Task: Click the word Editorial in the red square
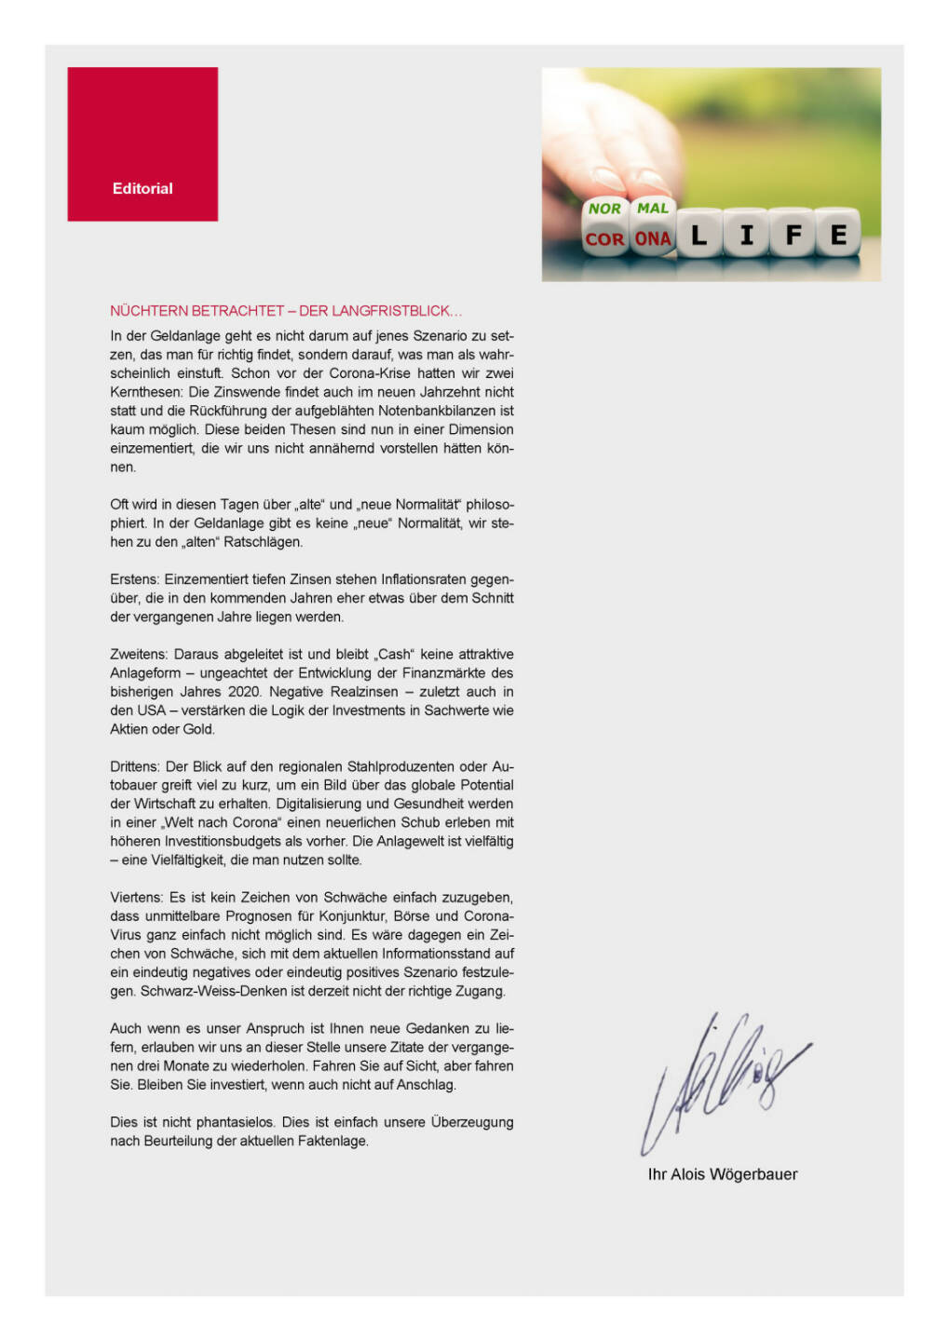[x=142, y=188]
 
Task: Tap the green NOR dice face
[x=604, y=209]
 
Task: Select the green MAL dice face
[x=653, y=208]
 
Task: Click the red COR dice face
[x=604, y=239]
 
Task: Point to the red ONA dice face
[x=653, y=239]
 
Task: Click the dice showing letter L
[x=698, y=236]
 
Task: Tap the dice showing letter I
[x=746, y=235]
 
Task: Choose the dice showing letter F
[x=793, y=235]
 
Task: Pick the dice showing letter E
[x=838, y=235]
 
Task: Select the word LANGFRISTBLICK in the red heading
[x=395, y=311]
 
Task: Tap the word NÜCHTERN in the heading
[x=149, y=311]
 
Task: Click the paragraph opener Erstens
[x=135, y=579]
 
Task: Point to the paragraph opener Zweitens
[x=139, y=655]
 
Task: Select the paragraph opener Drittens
[x=136, y=766]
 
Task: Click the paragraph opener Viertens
[x=137, y=898]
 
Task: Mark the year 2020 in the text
[x=244, y=692]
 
